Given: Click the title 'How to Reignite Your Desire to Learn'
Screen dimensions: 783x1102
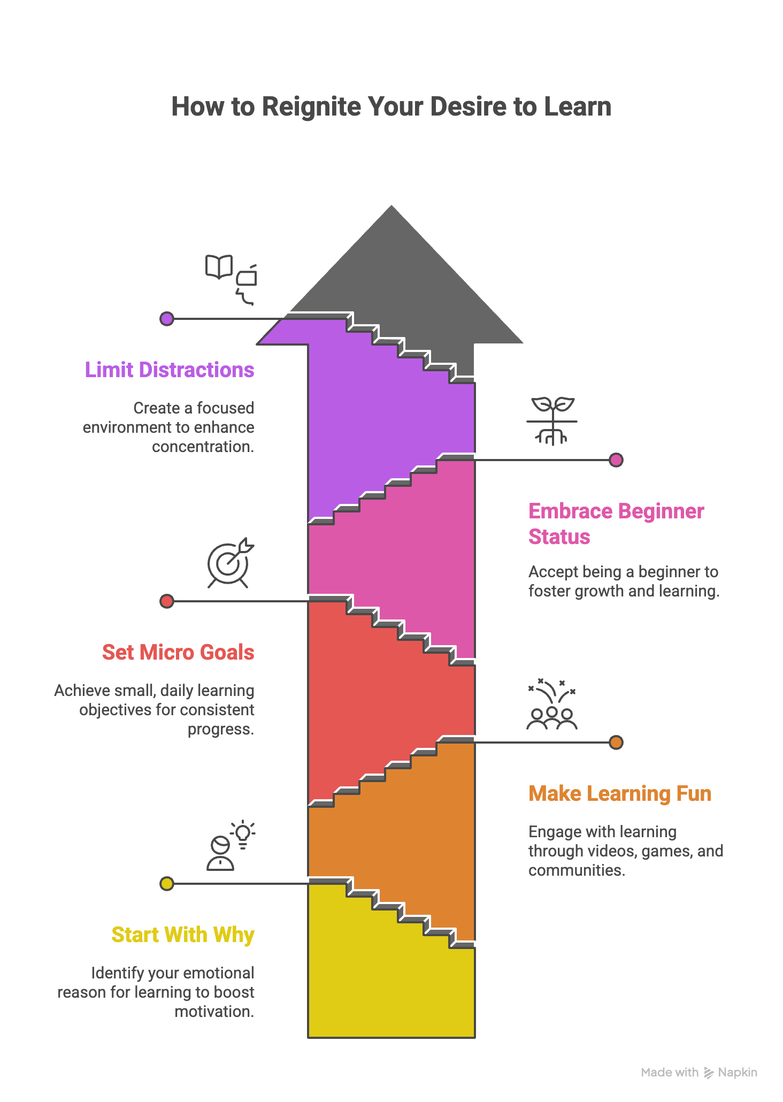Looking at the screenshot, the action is click(391, 106).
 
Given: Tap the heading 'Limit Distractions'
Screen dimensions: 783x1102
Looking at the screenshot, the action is click(170, 370).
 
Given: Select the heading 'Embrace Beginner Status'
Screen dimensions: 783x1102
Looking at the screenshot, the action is click(616, 524).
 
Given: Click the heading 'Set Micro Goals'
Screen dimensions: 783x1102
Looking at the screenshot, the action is click(178, 652).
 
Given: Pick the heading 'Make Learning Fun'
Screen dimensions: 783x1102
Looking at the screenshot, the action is click(619, 793).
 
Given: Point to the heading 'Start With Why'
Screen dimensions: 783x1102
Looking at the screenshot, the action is click(182, 935).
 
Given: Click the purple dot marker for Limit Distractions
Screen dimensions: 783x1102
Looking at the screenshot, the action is click(167, 319).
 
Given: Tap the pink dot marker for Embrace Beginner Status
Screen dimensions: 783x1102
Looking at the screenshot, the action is click(616, 460).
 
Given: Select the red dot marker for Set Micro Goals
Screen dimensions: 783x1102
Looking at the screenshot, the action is click(167, 601).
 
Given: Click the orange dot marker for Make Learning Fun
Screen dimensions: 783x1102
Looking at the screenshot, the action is click(616, 743).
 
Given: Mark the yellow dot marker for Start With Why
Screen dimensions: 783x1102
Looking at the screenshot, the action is click(167, 884).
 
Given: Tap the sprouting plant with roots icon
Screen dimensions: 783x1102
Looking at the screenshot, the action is click(552, 420).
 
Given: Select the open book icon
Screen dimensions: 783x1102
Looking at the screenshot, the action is click(219, 266).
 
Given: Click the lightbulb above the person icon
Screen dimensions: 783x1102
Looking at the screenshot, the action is click(243, 833).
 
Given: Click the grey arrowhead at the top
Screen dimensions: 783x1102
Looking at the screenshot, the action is click(391, 267).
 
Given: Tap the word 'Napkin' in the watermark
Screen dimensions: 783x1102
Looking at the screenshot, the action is click(737, 1072).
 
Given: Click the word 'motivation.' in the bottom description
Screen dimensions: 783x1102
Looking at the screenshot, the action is click(214, 1012).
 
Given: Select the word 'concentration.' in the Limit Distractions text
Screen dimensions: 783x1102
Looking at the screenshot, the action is click(203, 447).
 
